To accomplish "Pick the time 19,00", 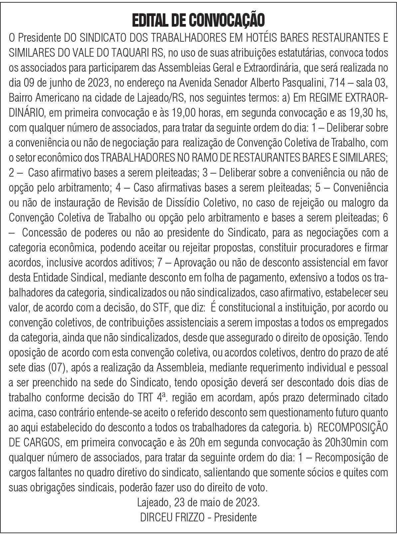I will click(x=183, y=113).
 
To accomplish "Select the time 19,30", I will click(x=356, y=113).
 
